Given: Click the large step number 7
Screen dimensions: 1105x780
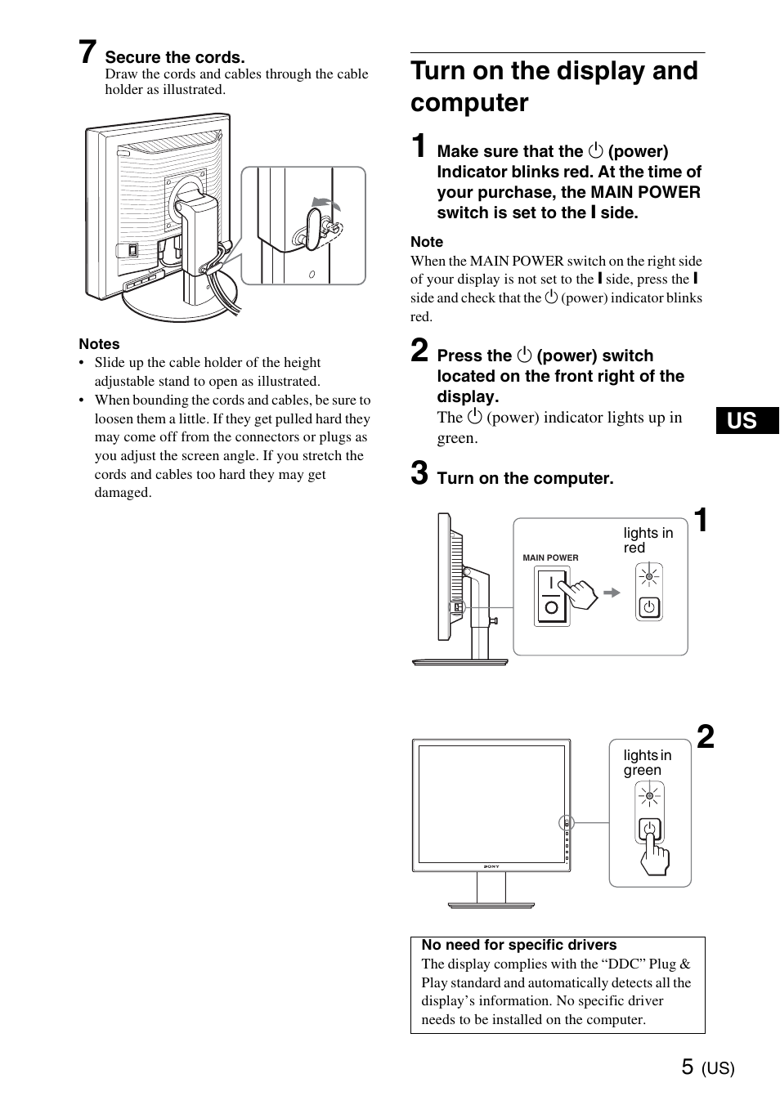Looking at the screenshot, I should tap(88, 53).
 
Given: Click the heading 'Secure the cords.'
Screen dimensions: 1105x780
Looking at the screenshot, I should tap(175, 57).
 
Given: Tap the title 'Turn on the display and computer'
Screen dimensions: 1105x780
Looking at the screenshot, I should tap(554, 87).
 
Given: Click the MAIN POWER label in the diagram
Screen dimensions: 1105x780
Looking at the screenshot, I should tap(550, 557).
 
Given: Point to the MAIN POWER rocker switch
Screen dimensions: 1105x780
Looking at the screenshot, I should tap(551, 596).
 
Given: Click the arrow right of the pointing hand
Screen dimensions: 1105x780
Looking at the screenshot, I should tap(612, 593).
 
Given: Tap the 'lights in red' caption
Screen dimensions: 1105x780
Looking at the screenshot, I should tap(648, 540).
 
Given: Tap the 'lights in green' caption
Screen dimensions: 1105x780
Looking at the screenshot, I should tap(647, 763).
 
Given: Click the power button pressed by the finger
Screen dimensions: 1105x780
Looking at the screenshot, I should tap(649, 830).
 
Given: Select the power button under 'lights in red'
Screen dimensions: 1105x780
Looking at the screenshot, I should tap(649, 607).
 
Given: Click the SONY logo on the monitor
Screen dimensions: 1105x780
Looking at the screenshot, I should tap(491, 866).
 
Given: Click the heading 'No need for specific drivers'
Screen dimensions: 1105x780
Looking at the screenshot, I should tap(518, 945).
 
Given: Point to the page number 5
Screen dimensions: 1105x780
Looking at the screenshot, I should tap(687, 1067).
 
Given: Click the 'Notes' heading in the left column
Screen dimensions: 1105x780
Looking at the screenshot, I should tap(99, 344).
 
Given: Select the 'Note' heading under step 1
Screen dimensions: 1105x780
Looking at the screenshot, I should tap(427, 242).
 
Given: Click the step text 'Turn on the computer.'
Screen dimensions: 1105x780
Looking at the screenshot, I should tap(525, 478).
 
